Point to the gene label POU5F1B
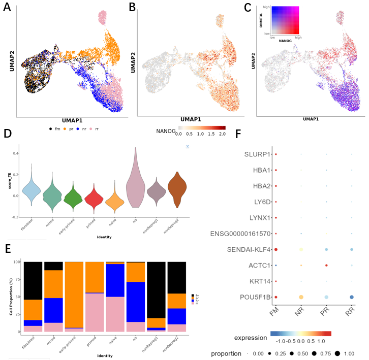pyautogui.click(x=252, y=297)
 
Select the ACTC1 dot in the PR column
pyautogui.click(x=326, y=265)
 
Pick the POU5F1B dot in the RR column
pyautogui.click(x=352, y=297)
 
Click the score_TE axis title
pyautogui.click(x=9, y=182)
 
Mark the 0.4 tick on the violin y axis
pyautogui.click(x=16, y=153)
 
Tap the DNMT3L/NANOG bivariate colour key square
pyautogui.click(x=285, y=20)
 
